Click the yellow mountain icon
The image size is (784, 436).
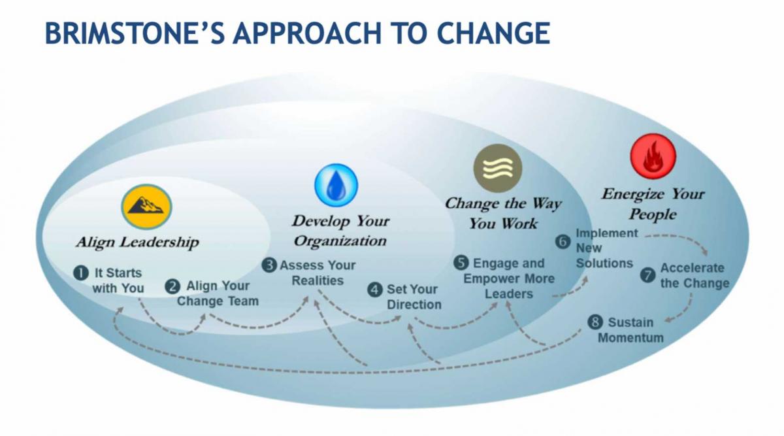[146, 207]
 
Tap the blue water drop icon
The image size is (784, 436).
[336, 185]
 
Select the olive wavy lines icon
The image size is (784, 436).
[498, 168]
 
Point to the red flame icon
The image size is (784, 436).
[653, 156]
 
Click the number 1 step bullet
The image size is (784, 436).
[81, 273]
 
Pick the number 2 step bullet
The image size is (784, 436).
[172, 286]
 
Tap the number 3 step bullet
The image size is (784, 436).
[269, 265]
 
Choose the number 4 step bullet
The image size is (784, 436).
[375, 290]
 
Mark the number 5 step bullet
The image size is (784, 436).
[461, 263]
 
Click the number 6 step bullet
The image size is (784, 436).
[563, 242]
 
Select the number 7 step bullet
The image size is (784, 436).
[648, 275]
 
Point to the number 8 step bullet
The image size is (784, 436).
[595, 322]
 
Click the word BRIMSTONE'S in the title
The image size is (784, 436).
[135, 33]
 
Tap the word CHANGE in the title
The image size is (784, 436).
[493, 33]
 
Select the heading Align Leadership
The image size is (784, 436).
[138, 243]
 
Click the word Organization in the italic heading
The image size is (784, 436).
[340, 241]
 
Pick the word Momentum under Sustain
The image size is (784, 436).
[630, 338]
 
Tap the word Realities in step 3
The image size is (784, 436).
[318, 280]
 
